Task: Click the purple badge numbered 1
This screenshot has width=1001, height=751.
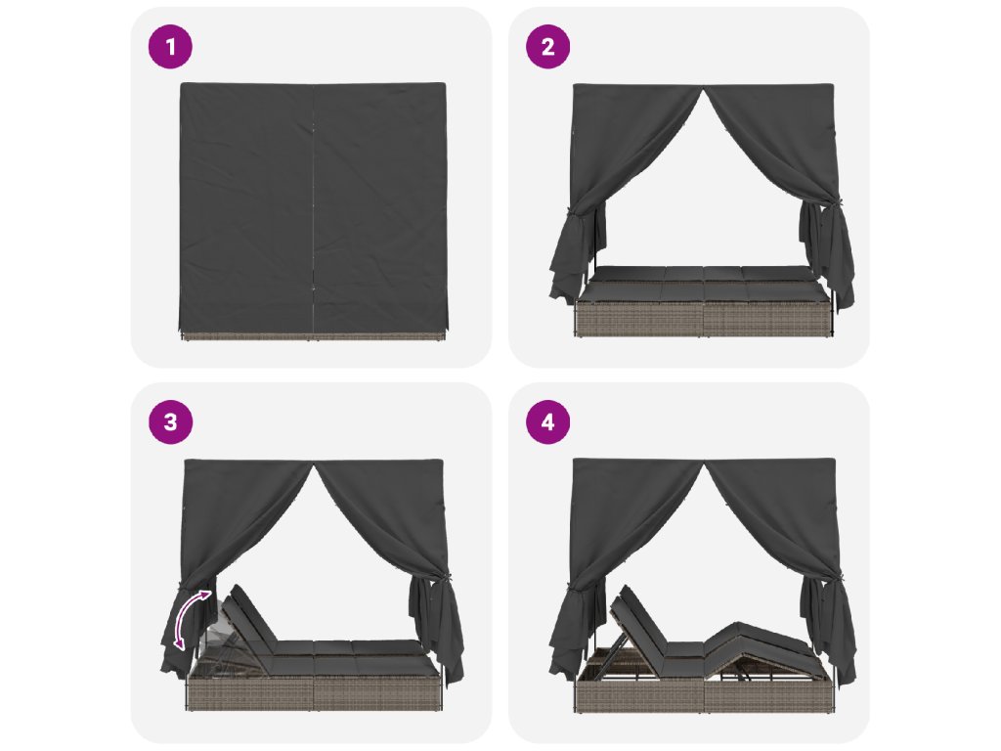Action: click(170, 47)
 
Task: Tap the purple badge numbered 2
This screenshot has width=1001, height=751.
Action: click(547, 47)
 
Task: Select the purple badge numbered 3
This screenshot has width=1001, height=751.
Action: click(170, 422)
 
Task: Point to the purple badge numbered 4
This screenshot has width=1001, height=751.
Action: click(547, 422)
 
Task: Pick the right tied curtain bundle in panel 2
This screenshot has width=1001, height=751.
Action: click(829, 255)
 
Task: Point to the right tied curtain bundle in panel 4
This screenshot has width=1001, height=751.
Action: click(829, 633)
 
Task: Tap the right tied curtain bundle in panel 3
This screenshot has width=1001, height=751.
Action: click(437, 629)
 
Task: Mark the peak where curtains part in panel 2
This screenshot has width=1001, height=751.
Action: click(704, 89)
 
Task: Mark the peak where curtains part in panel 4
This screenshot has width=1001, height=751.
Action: click(704, 464)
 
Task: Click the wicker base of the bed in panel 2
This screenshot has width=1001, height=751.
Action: click(704, 320)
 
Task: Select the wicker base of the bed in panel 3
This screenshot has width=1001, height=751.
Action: click(314, 693)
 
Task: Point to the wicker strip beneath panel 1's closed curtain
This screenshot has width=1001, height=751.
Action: click(314, 336)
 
